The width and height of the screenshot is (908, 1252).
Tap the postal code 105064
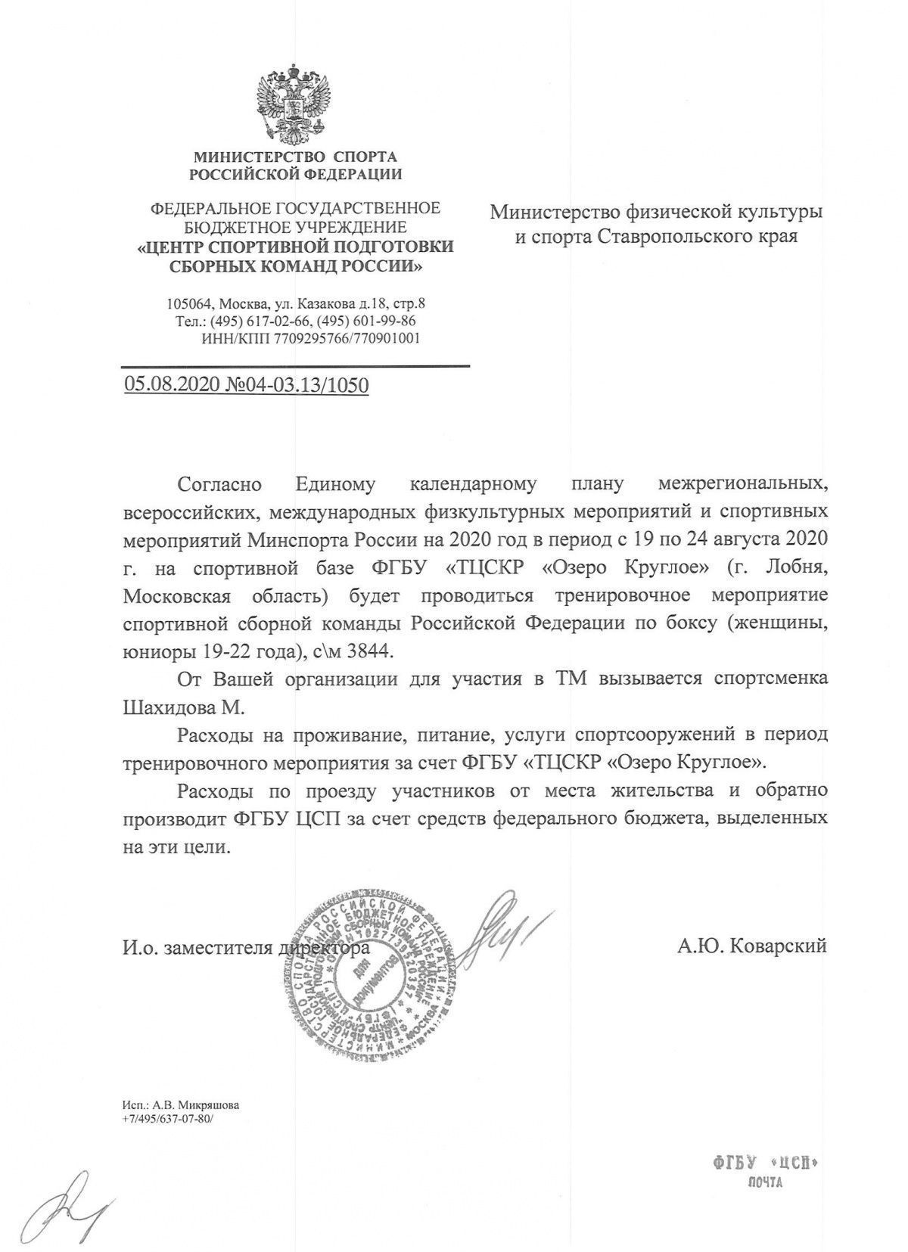tap(190, 304)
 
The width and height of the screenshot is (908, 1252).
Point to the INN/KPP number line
tap(310, 339)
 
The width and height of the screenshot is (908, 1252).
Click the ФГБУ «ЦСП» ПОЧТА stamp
tap(766, 1169)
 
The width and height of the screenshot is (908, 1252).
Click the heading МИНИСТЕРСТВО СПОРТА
tap(296, 157)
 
